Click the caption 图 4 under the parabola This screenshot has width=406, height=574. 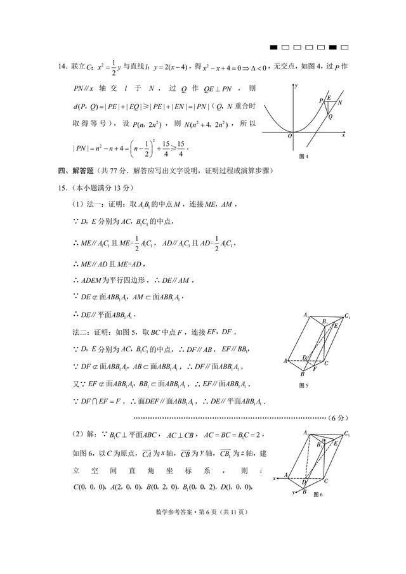(303, 156)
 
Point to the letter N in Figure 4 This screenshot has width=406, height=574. (340, 102)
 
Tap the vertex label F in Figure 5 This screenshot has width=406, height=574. (315, 369)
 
